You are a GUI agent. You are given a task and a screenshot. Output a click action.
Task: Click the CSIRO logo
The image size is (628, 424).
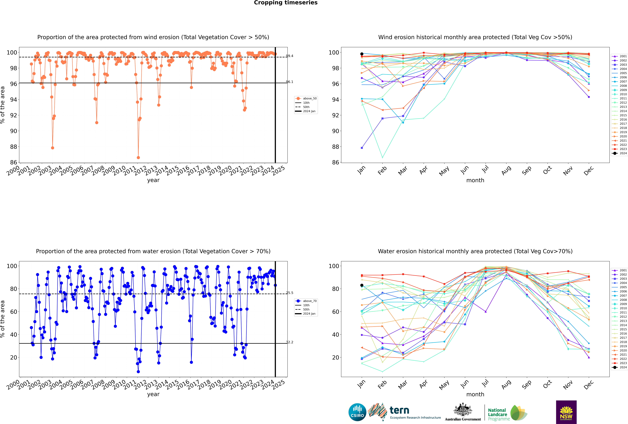(357, 412)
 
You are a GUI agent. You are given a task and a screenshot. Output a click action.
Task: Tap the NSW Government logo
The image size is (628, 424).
(566, 412)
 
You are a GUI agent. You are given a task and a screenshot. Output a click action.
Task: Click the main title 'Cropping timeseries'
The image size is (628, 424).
(286, 3)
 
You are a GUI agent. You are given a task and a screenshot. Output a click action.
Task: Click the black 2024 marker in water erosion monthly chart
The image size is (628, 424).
(362, 285)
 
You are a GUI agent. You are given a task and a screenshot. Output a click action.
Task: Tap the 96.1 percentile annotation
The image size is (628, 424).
(289, 82)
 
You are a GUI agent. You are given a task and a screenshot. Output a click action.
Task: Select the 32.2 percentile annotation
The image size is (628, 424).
(289, 342)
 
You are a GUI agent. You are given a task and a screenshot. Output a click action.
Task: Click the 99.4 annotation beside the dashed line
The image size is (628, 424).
(289, 56)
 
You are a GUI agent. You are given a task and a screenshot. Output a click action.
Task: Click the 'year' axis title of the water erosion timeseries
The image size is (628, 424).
(153, 394)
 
